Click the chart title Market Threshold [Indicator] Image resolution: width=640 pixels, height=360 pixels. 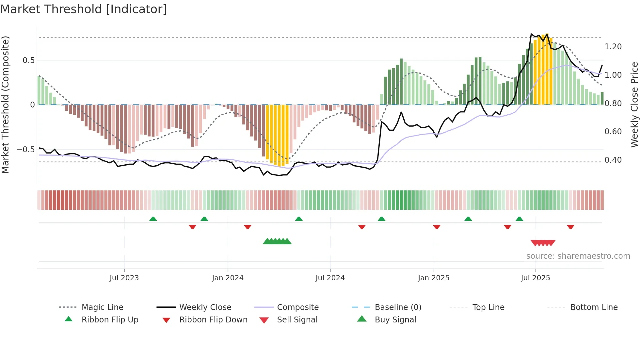84,9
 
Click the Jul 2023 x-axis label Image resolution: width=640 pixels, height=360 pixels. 124,278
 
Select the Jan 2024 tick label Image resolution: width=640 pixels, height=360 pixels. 228,278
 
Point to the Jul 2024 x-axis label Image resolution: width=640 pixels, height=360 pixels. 330,278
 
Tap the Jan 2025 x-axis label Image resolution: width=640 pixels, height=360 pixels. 433,278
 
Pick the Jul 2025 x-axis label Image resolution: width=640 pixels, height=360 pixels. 535,278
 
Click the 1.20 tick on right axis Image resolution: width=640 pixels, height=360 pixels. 613,47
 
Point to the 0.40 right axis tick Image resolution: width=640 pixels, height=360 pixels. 613,160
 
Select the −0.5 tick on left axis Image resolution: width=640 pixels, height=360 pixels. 25,150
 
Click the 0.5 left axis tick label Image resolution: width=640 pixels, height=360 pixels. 28,60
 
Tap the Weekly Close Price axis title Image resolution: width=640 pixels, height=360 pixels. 634,105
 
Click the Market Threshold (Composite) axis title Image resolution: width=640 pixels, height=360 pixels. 5,105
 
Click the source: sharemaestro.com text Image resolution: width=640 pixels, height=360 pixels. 578,256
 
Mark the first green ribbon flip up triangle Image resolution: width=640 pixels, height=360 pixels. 153,219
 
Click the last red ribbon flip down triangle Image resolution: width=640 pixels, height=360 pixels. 570,227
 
